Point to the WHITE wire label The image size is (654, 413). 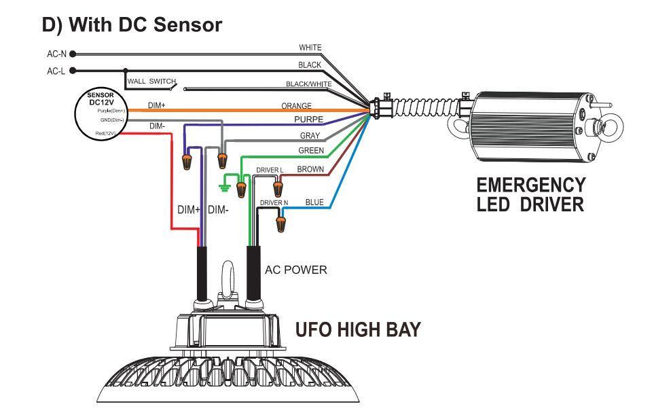coord(310,48)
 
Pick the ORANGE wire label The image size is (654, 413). coord(296,106)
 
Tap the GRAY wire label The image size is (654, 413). coord(310,136)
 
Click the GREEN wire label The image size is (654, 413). coord(311,150)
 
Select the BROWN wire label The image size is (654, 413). coord(311,168)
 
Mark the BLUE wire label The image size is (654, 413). coord(314,202)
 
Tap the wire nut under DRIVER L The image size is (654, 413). coord(277,186)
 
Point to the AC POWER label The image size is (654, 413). coord(295,270)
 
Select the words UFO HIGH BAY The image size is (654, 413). coord(358,330)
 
